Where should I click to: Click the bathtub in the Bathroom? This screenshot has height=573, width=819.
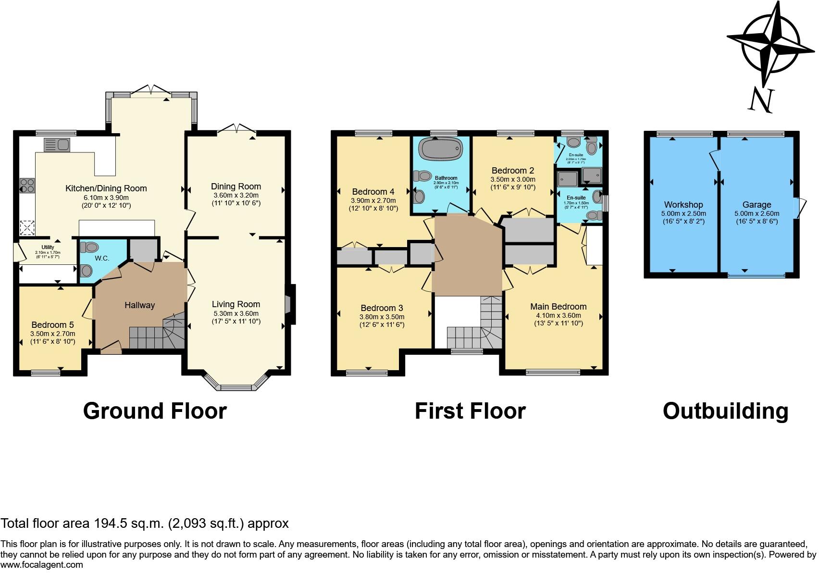point(441,149)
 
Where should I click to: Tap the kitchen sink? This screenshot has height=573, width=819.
point(57,144)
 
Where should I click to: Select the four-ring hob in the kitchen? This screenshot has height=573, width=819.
point(27,185)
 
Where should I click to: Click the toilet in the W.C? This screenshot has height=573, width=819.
point(89,247)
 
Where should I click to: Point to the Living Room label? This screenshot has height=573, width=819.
point(236,304)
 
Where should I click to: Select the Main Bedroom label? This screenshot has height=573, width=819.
point(558,307)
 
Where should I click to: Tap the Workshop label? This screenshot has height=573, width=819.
point(683,205)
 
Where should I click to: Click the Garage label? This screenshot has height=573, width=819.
point(756,205)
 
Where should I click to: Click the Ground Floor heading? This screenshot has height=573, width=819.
point(155,411)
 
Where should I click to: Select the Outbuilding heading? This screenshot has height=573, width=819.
point(725,411)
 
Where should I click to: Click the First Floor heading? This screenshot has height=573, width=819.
point(470,411)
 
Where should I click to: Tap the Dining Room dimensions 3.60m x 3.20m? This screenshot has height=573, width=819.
point(236,196)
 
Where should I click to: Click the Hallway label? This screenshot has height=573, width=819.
point(140,305)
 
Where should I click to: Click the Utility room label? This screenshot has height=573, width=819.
point(48,248)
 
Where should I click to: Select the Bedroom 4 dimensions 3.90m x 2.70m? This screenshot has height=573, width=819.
point(373,201)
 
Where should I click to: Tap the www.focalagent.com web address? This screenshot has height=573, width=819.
point(42,565)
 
